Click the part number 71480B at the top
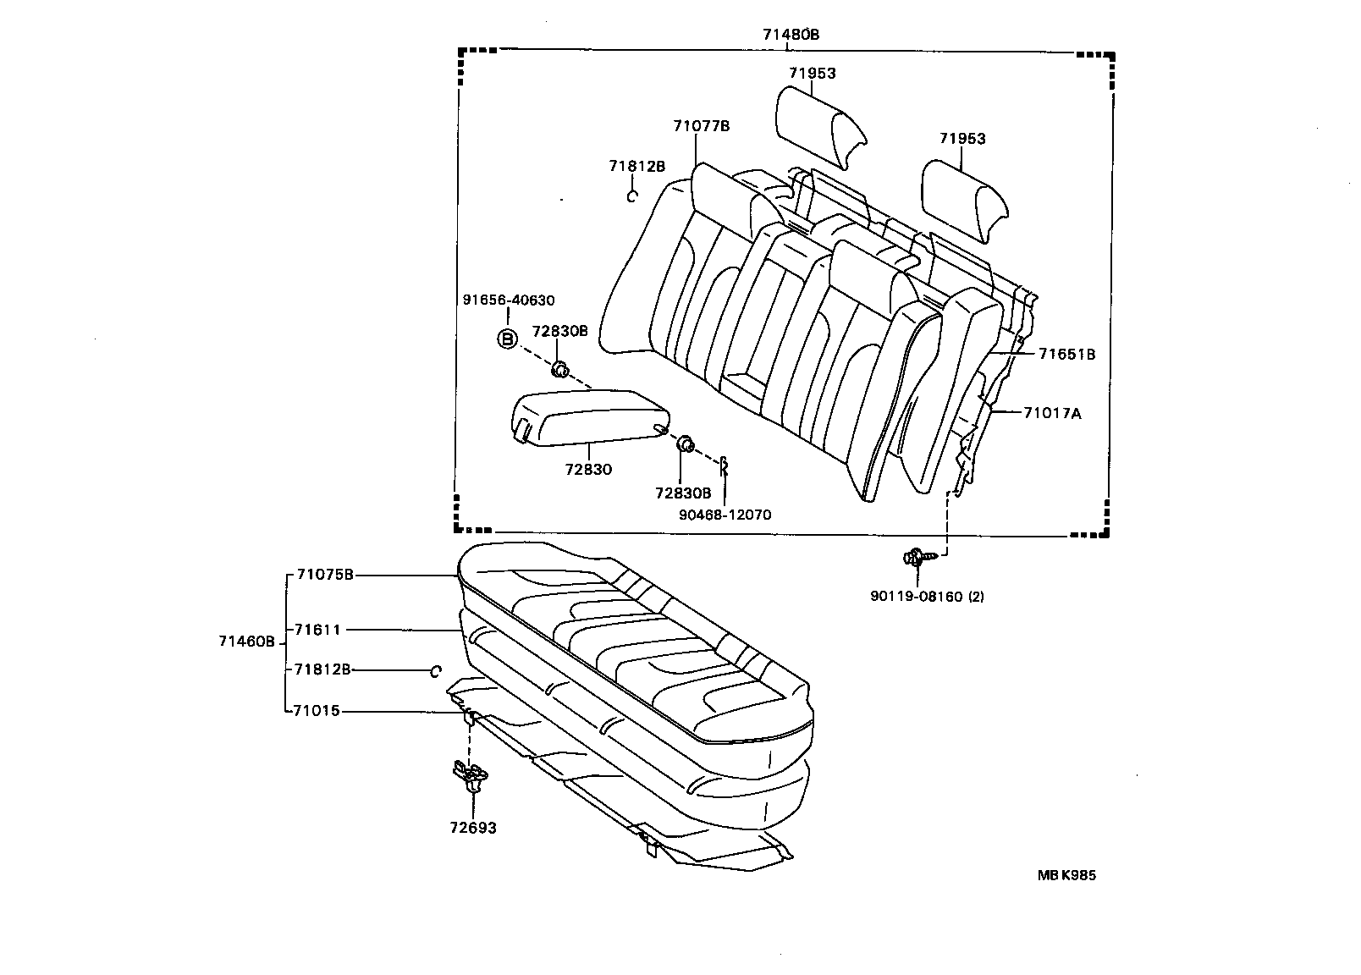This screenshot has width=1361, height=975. click(x=791, y=35)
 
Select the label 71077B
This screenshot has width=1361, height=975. click(x=701, y=126)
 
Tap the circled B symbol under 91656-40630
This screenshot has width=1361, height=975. click(x=506, y=339)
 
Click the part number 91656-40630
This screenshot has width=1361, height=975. click(x=508, y=300)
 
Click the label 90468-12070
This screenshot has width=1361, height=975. click(x=725, y=515)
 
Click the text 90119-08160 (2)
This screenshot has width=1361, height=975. click(x=927, y=596)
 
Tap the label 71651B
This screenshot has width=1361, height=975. click(x=1066, y=355)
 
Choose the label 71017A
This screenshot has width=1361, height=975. click(x=1052, y=413)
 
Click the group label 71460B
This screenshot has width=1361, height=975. click(x=247, y=642)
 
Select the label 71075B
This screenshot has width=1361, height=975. click(x=323, y=575)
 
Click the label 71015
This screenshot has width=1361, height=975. click(x=317, y=711)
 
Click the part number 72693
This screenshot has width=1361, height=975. click(x=473, y=828)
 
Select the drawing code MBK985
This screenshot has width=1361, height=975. click(x=1066, y=876)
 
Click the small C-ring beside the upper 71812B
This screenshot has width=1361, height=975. click(x=631, y=196)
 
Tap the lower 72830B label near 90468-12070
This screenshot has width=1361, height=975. click(x=682, y=492)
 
